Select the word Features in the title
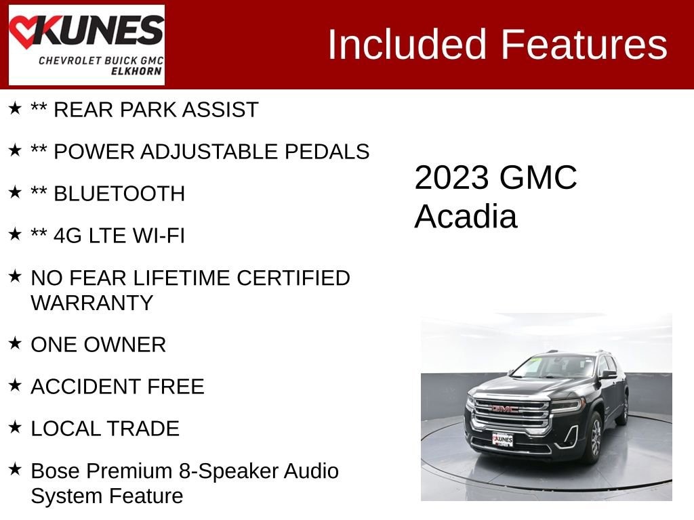584,45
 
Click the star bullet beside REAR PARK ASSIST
15,108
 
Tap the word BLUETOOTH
119,194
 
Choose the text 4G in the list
68,236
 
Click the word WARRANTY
91,302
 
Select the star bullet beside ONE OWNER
15,343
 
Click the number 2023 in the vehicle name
451,178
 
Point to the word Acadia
466,217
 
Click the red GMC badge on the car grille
505,408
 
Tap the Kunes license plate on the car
502,439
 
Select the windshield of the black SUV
554,367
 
